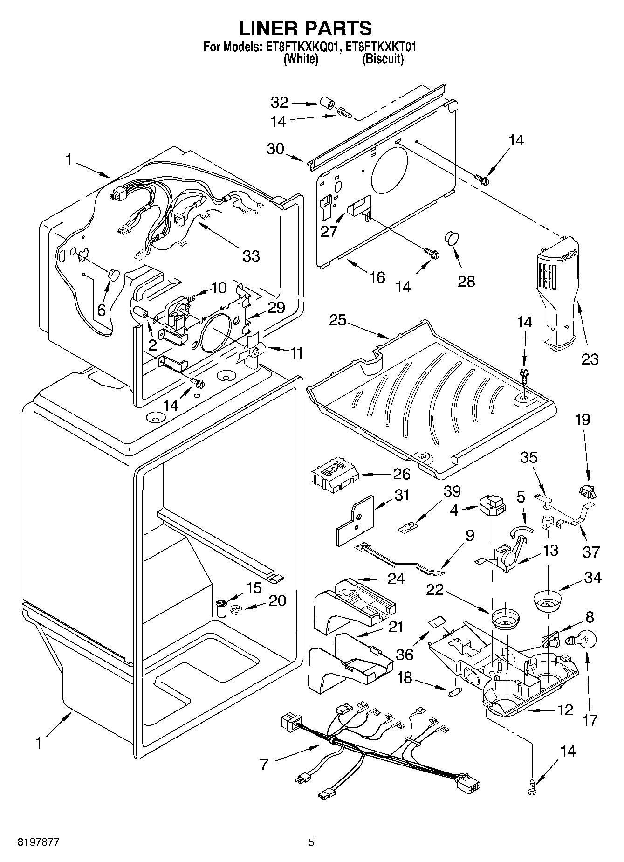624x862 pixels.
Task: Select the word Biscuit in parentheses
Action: [383, 59]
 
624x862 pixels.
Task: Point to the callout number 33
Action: [251, 255]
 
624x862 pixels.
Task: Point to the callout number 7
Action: [264, 765]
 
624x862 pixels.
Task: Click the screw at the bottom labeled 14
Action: [533, 787]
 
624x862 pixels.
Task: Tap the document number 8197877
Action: [39, 842]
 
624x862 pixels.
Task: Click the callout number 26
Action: [401, 474]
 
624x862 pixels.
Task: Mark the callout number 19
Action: [583, 420]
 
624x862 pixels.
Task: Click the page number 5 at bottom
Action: [311, 842]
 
